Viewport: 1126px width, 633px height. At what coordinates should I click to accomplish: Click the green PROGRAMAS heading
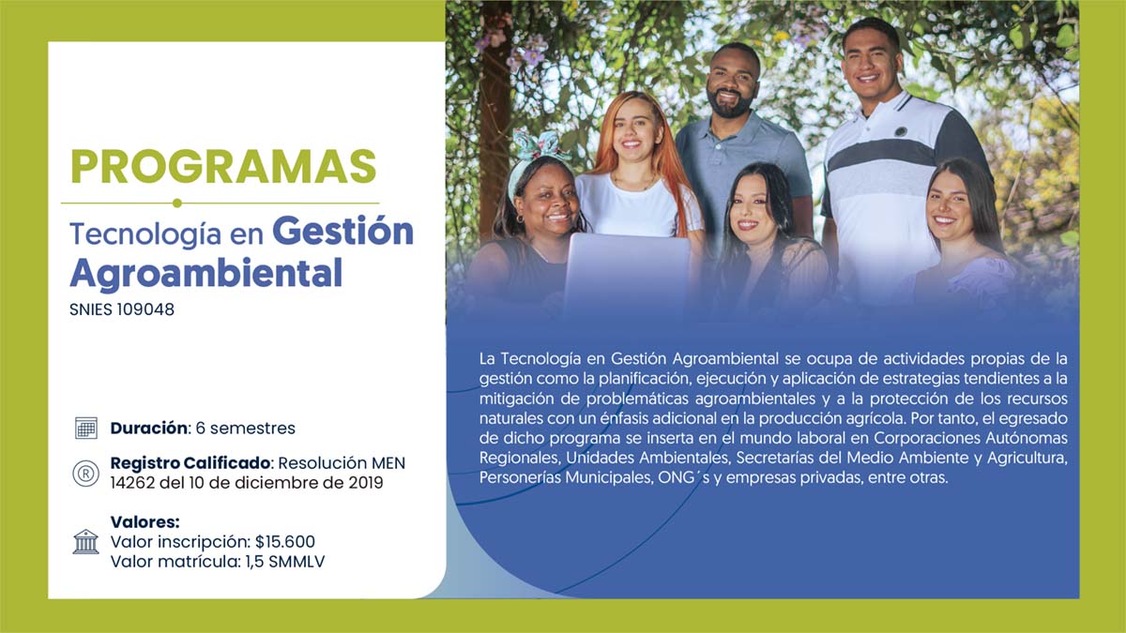pyautogui.click(x=223, y=167)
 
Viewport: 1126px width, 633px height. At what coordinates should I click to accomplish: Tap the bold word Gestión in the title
pyautogui.click(x=342, y=233)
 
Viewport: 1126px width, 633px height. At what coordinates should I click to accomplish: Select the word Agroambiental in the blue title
pyautogui.click(x=206, y=274)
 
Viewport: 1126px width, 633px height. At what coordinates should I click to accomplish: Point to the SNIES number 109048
pyautogui.click(x=145, y=309)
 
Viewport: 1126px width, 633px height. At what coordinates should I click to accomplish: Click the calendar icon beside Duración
pyautogui.click(x=86, y=428)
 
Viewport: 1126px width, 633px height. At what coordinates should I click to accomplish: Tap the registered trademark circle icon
pyautogui.click(x=86, y=474)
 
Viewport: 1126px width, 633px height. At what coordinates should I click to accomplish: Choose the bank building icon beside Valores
pyautogui.click(x=86, y=542)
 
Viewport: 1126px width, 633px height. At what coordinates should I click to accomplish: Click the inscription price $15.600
pyautogui.click(x=285, y=542)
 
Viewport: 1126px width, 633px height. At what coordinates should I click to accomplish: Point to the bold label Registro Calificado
pyautogui.click(x=190, y=462)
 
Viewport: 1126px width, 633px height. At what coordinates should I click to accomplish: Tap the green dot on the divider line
pyautogui.click(x=177, y=203)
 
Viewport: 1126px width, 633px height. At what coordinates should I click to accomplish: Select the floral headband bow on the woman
pyautogui.click(x=536, y=143)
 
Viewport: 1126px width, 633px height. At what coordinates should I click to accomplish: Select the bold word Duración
pyautogui.click(x=149, y=428)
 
